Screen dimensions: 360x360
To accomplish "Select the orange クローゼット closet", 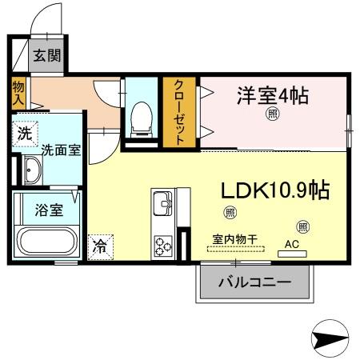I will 180,112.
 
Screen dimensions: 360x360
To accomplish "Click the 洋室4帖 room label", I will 272,95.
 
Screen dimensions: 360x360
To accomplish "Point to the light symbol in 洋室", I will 273,114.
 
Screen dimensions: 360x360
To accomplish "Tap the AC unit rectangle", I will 291,253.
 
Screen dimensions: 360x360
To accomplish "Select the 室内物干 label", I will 234,238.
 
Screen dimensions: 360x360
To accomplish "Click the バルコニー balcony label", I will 254,283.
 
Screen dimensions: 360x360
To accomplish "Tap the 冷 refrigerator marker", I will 101,247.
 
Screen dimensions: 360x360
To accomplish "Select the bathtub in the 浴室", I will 46,242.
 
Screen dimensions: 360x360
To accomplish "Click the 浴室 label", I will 47,210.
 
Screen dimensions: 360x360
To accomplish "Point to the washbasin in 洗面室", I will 34,171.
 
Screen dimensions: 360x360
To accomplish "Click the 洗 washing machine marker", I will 24,134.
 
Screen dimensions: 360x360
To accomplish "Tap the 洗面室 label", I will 60,150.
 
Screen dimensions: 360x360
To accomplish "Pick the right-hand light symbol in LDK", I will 302,226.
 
